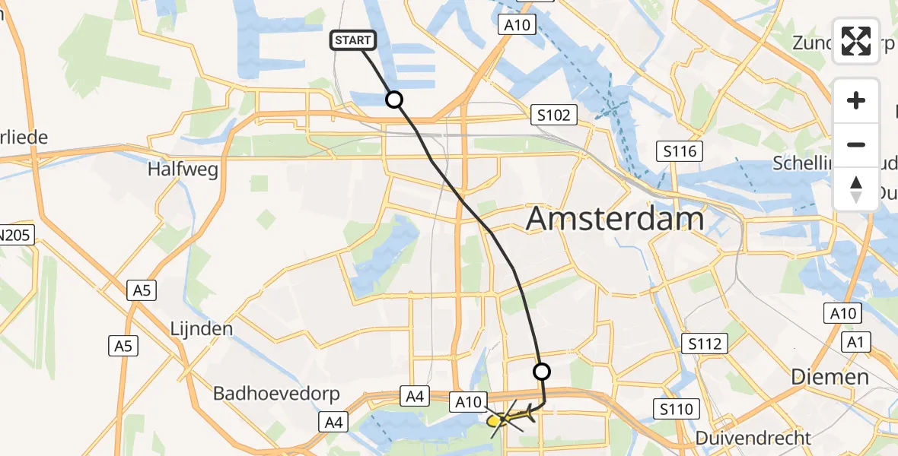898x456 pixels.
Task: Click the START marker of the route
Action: coord(353,40)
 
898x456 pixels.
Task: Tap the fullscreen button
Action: coord(856,41)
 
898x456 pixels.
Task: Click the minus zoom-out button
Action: coord(856,144)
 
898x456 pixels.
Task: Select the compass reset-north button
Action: coord(856,188)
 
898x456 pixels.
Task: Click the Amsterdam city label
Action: coord(615,219)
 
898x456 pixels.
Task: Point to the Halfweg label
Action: coord(183,169)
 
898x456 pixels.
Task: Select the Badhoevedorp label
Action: coord(276,394)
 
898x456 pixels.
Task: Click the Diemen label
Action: coord(830,377)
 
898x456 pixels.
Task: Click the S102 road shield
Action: coord(553,116)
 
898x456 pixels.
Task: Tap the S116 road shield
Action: coord(679,151)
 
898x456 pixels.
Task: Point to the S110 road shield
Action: coord(677,410)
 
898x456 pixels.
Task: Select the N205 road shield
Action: coord(15,236)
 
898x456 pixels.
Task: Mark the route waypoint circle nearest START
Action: coord(394,100)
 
